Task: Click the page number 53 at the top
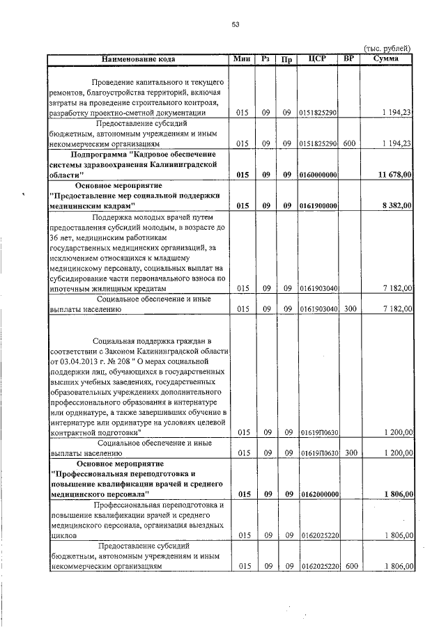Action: click(236, 24)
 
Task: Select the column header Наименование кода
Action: click(138, 59)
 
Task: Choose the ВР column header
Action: click(350, 59)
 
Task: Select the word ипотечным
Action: click(71, 288)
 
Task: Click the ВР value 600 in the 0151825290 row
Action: click(350, 143)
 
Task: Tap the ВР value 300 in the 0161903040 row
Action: click(350, 309)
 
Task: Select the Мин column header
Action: click(242, 59)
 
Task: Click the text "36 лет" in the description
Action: click(61, 237)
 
